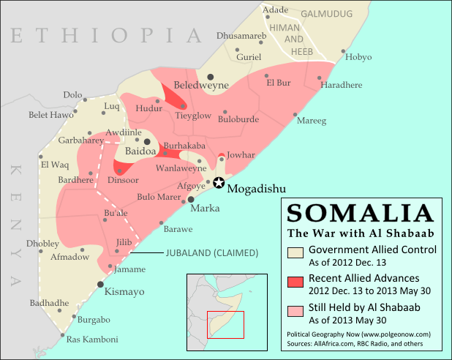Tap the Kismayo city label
pos(125,291)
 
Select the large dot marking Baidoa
pos(147,141)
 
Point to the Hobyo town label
pos(358,57)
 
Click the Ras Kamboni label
pos(92,340)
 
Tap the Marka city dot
pos(192,198)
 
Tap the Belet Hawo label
pos(51,114)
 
